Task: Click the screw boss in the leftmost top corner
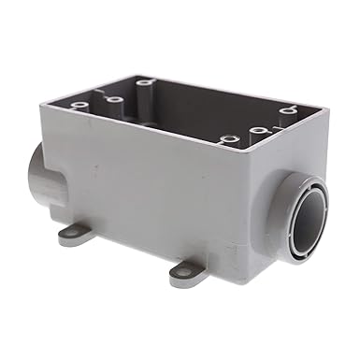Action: [x=78, y=96]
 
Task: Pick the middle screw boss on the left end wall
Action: [x=114, y=99]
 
